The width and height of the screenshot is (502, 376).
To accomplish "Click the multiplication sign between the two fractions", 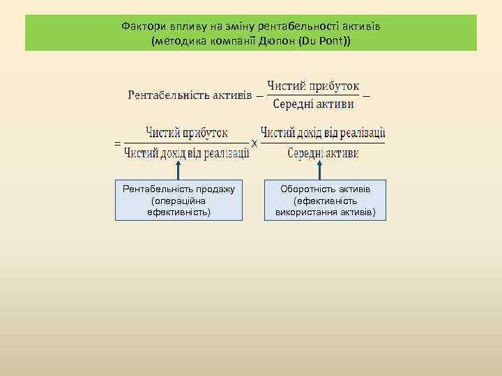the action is (x=254, y=143).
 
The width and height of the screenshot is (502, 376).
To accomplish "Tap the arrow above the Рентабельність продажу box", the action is (x=179, y=171).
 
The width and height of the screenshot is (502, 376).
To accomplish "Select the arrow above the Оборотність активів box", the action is (x=319, y=171).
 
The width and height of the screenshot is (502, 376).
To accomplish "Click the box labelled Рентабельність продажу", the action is (x=178, y=201).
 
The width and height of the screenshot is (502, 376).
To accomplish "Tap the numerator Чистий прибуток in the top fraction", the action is (x=313, y=86).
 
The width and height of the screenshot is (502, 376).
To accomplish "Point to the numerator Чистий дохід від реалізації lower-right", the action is (x=323, y=132).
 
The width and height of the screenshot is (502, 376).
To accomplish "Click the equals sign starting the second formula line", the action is (x=116, y=143).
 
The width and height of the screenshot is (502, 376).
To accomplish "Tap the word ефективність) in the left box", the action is (x=178, y=211).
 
